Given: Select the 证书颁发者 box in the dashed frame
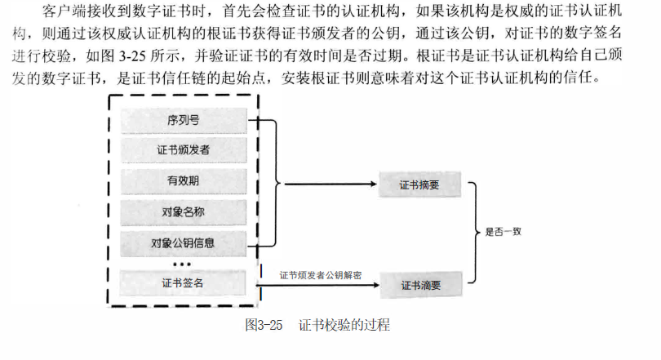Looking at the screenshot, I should point(183,151).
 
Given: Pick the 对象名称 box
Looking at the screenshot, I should point(183,212).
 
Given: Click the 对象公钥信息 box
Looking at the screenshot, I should point(183,242).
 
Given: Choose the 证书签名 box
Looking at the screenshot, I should point(183,283).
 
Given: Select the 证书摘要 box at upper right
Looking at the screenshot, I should point(419,185).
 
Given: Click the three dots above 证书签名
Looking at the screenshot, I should point(182,264).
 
